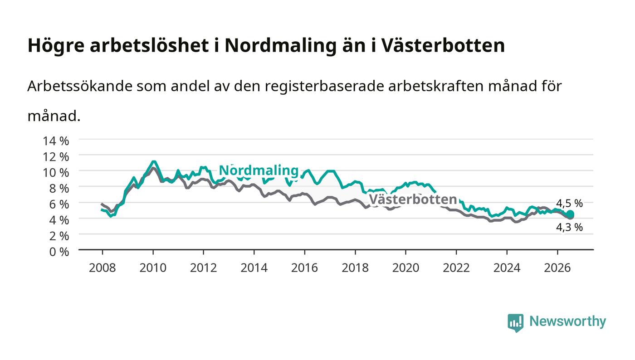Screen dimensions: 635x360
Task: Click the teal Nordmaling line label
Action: click(x=259, y=170)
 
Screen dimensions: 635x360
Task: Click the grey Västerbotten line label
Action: click(x=413, y=199)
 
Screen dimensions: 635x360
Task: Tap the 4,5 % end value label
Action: click(x=569, y=203)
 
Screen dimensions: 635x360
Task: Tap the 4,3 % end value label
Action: click(x=569, y=227)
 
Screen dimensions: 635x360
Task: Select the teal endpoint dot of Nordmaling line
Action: click(x=570, y=214)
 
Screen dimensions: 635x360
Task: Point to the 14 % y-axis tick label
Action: click(x=56, y=141)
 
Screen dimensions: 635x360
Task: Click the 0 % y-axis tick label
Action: click(x=59, y=252)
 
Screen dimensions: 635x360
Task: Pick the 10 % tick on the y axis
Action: click(x=56, y=173)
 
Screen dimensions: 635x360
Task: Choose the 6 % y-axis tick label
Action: click(x=59, y=204)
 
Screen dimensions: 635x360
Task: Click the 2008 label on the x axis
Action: click(x=103, y=268)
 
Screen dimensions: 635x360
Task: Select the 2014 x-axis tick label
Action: click(x=254, y=268)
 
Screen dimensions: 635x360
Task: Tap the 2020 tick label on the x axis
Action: click(x=405, y=268)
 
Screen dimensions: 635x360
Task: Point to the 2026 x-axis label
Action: click(x=557, y=268)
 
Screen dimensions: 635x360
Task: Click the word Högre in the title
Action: click(x=56, y=46)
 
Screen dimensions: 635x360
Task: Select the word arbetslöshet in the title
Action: click(x=149, y=45)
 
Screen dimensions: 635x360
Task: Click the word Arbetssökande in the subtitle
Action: click(x=80, y=86)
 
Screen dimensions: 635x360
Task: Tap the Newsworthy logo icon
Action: click(x=515, y=322)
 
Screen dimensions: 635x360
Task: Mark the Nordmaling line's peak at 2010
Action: click(x=153, y=161)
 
